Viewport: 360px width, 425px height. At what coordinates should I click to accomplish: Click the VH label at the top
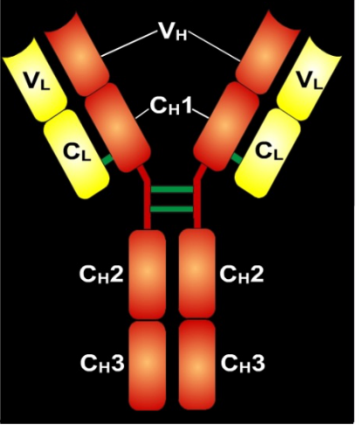tap(172, 31)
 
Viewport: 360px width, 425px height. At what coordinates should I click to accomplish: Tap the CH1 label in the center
tap(171, 106)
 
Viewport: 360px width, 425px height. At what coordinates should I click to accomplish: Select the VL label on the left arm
tap(37, 80)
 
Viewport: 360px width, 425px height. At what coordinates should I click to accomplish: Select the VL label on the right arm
tap(309, 80)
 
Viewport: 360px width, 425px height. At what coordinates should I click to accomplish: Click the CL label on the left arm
tap(77, 152)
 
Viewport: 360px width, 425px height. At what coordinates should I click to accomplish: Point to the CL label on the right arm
tap(269, 151)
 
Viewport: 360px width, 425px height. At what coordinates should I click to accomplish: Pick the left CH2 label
tap(101, 275)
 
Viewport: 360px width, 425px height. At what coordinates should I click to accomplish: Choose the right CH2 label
tap(242, 275)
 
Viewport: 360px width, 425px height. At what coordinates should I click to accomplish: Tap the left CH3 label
tap(102, 363)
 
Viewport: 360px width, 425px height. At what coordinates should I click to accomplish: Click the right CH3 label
tap(243, 363)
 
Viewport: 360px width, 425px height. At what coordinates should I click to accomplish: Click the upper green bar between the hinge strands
tap(172, 190)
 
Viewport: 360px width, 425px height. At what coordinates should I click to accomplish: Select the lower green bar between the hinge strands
tap(172, 209)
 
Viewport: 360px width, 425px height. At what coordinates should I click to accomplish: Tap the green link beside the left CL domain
tap(107, 160)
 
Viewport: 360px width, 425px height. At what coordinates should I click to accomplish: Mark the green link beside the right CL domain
tap(237, 158)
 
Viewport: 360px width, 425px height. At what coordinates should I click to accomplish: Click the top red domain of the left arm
tap(78, 54)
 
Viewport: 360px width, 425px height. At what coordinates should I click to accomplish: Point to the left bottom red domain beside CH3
tap(148, 366)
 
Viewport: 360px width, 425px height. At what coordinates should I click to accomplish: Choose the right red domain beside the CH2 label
tap(197, 273)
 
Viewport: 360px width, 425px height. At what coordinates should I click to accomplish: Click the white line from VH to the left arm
tap(128, 44)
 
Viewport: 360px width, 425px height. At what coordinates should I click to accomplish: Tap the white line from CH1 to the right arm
tap(201, 114)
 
